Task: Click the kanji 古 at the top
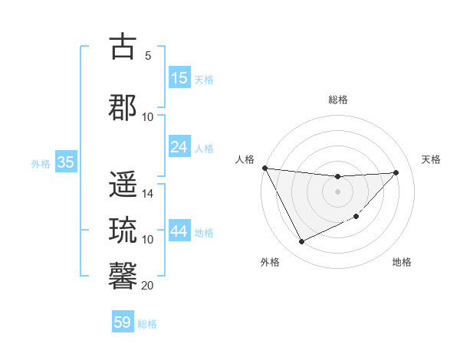click(123, 47)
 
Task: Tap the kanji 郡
click(123, 108)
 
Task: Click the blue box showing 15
click(179, 78)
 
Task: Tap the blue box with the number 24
click(179, 147)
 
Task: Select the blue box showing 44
click(179, 232)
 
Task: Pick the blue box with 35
click(65, 162)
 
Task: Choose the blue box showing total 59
click(123, 322)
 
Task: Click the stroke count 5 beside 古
click(147, 55)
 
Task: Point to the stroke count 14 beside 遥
click(148, 194)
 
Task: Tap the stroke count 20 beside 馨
click(148, 285)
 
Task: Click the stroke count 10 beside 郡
click(148, 116)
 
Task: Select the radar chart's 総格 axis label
click(337, 100)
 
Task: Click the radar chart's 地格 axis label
click(402, 262)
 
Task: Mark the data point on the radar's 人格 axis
click(264, 168)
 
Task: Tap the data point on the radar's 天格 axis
click(396, 172)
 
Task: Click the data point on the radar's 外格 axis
click(301, 242)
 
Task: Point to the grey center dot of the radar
click(337, 191)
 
